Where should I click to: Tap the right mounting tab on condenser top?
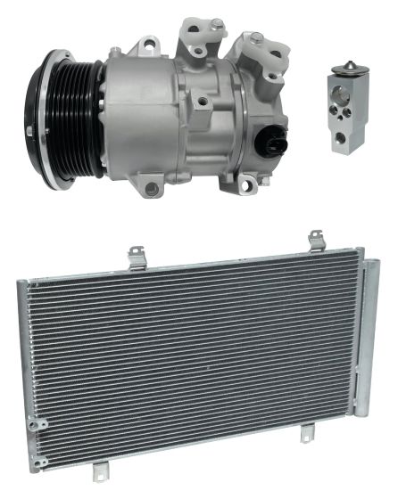316,241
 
